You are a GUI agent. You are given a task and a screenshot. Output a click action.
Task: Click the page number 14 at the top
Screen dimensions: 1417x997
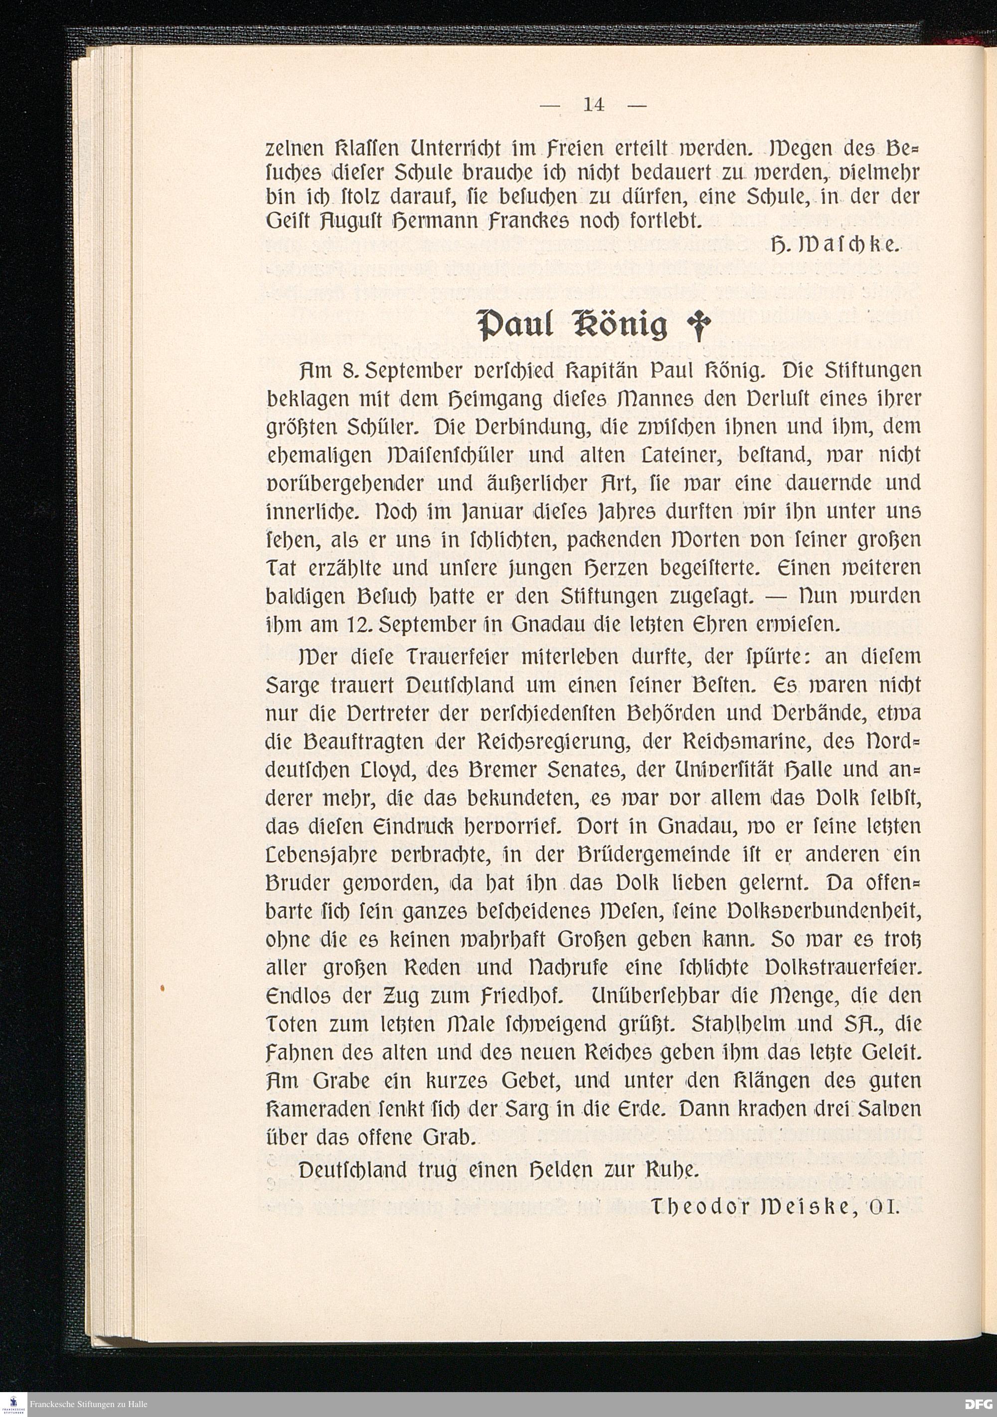click(593, 105)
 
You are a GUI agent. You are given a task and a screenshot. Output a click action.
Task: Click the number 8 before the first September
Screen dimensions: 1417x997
click(346, 372)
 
